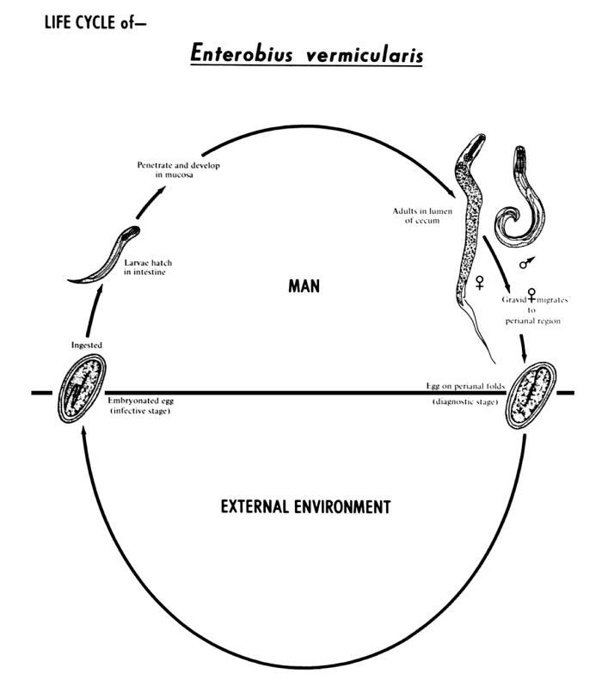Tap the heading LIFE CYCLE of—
click(x=95, y=23)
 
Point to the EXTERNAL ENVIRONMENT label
click(x=305, y=506)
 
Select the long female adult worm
click(x=470, y=224)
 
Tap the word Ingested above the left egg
click(x=87, y=346)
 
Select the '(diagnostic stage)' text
click(x=464, y=401)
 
